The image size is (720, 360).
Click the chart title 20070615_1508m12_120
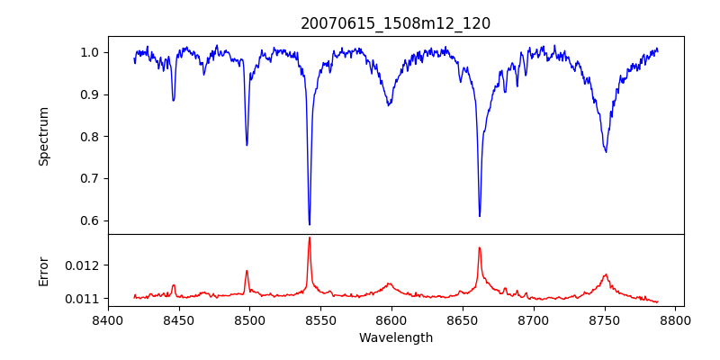tap(395, 23)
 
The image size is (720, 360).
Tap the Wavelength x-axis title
tap(395, 337)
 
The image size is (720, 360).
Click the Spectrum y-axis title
tap(43, 136)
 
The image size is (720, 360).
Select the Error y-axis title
tap(43, 271)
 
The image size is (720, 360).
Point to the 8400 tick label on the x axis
tap(108, 319)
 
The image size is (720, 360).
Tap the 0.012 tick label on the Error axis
tap(83, 265)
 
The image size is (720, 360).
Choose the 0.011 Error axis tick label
tap(83, 299)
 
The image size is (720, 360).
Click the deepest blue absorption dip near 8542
tap(310, 224)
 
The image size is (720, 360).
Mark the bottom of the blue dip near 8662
tap(480, 216)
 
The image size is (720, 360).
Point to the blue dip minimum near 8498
tap(247, 145)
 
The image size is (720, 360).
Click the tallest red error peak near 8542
tap(310, 238)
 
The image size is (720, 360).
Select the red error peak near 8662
tap(480, 247)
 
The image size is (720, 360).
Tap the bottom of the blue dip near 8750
tap(606, 152)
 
